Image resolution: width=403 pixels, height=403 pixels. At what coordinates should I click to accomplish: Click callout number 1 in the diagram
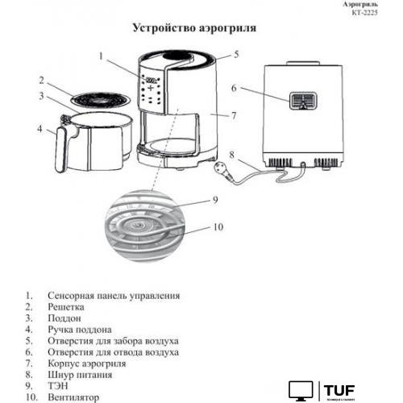coord(102,56)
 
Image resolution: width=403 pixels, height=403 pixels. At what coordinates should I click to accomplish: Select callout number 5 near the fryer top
coord(237,55)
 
